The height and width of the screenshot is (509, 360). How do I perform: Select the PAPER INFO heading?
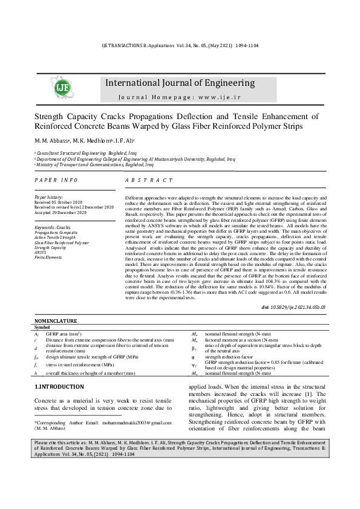point(56,181)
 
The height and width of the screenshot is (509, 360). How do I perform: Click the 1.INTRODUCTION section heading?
point(59,385)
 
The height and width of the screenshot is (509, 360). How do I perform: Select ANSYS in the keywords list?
point(41,252)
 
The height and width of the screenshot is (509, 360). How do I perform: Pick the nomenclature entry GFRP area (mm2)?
point(63,334)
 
